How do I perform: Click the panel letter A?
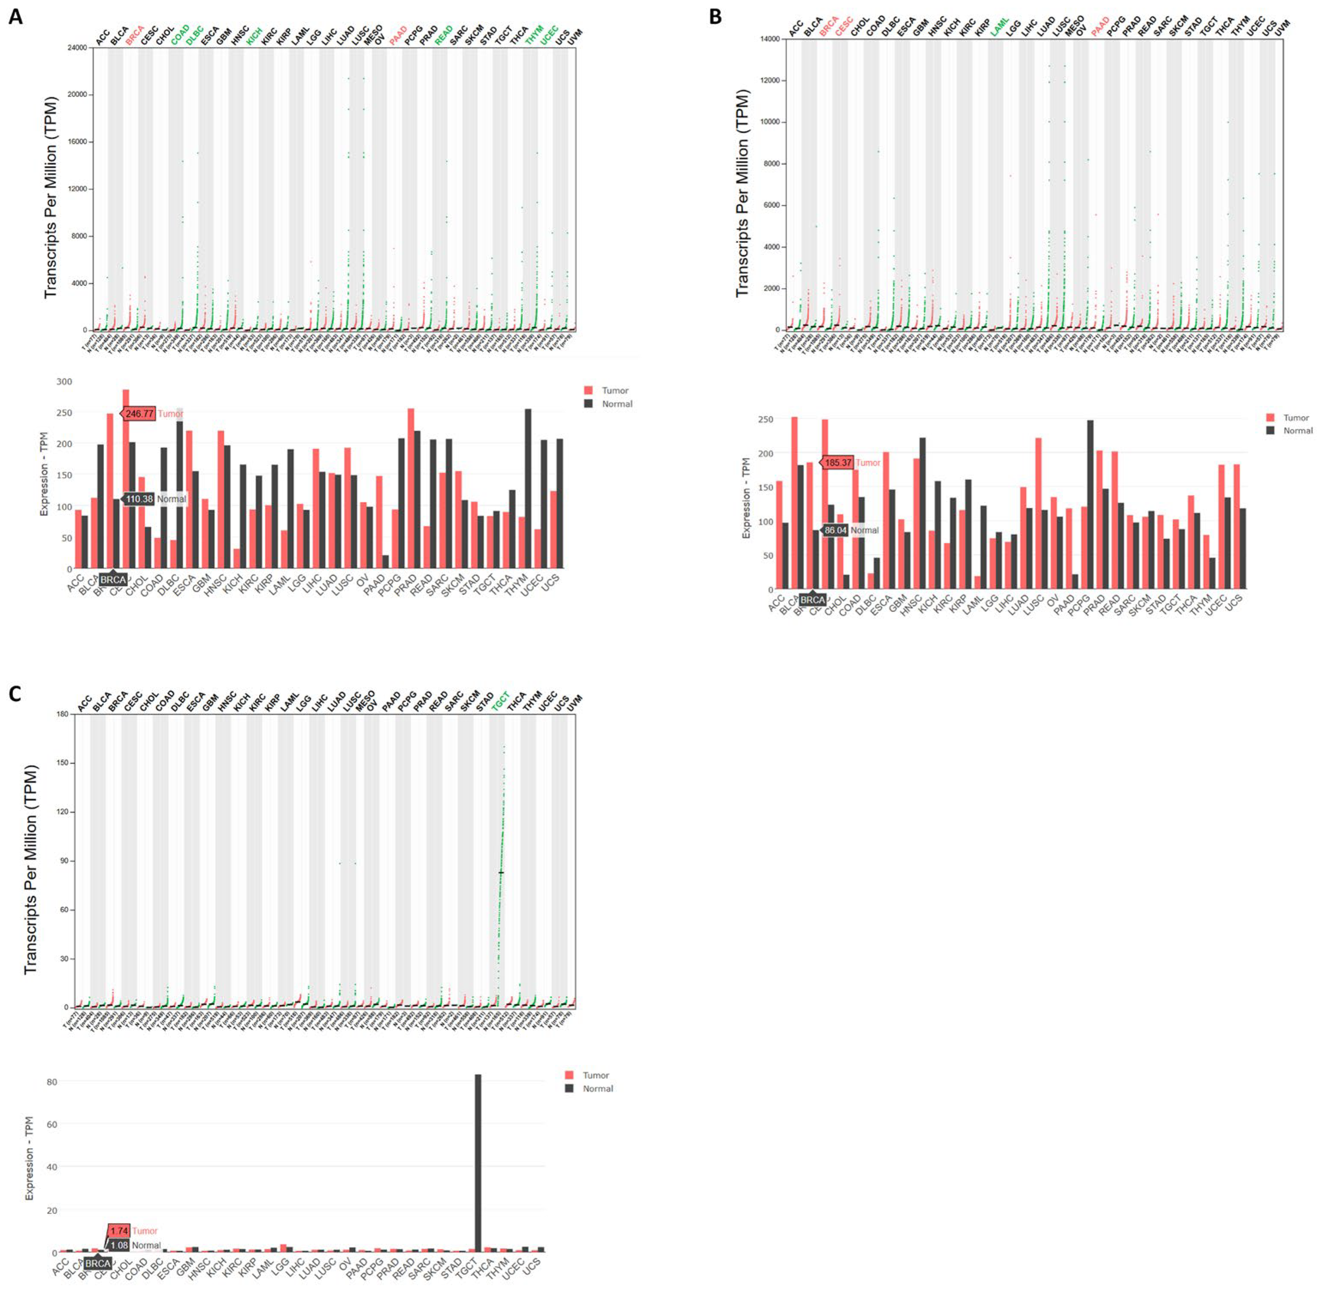pyautogui.click(x=15, y=16)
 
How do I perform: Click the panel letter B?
pyautogui.click(x=715, y=16)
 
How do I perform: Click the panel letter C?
pyautogui.click(x=15, y=693)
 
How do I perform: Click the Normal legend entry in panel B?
pyautogui.click(x=1289, y=430)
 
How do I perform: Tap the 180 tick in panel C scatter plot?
pyautogui.click(x=61, y=714)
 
